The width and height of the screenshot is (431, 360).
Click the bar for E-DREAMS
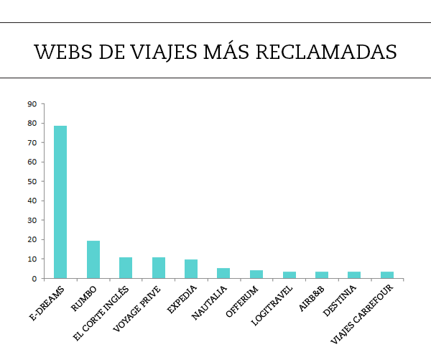[x=60, y=202]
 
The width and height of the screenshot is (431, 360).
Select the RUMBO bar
[x=93, y=259]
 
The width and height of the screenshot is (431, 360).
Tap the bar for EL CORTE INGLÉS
[x=126, y=268]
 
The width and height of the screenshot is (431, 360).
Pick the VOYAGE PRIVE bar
[x=159, y=268]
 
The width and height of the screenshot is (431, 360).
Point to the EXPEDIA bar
[x=191, y=269]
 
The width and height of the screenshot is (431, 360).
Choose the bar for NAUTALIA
[x=223, y=273]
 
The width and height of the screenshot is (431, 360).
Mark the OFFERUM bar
[x=256, y=274]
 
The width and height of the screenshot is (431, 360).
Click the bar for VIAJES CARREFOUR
[x=387, y=275]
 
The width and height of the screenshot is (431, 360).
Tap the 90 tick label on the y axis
[x=32, y=104]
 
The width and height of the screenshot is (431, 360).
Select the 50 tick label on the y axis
[x=32, y=182]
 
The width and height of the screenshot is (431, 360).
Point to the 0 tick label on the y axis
[x=34, y=279]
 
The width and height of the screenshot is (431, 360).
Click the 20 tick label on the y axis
[x=32, y=240]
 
